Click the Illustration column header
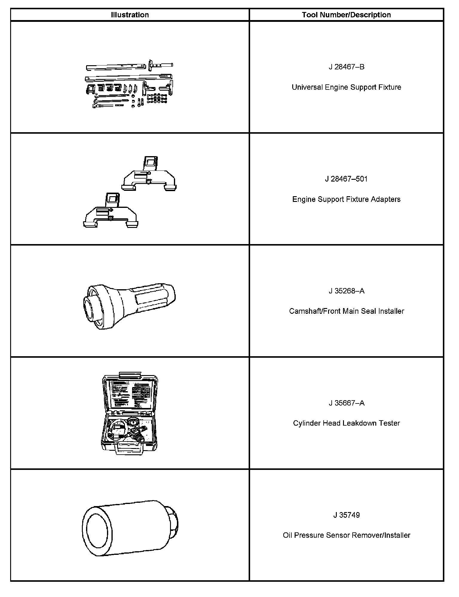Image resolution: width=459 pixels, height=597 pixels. (x=130, y=15)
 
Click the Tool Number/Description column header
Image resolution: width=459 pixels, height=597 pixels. (x=346, y=15)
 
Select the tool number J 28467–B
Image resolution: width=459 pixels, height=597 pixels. (x=346, y=67)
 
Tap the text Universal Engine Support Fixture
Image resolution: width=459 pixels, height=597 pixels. (x=346, y=87)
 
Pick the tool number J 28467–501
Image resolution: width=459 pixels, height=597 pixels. (x=346, y=179)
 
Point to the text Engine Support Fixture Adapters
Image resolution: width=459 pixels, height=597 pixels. (x=346, y=199)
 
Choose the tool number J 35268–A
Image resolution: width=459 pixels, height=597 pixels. (x=346, y=291)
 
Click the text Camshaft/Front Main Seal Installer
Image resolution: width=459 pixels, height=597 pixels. (x=346, y=311)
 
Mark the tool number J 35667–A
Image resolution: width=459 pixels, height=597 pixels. (x=346, y=403)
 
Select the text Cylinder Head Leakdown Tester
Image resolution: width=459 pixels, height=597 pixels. (x=346, y=423)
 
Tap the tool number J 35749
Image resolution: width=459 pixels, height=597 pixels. (x=346, y=515)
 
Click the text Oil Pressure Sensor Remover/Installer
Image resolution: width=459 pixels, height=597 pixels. (x=346, y=535)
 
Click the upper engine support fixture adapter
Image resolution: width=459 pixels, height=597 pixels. (x=149, y=176)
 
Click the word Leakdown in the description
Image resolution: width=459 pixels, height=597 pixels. (x=362, y=423)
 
